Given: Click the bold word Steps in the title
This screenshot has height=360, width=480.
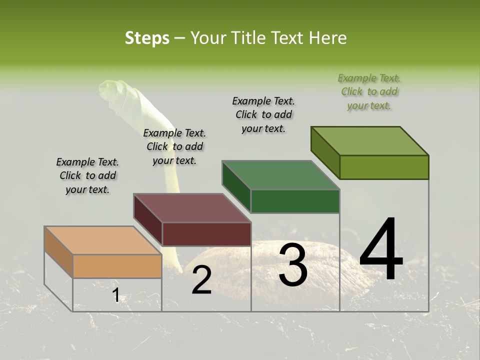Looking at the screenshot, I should (x=147, y=38).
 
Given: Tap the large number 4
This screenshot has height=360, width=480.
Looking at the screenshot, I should (x=381, y=249).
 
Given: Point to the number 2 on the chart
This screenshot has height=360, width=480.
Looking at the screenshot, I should (x=201, y=280).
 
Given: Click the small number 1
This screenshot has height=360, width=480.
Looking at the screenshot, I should (x=116, y=295).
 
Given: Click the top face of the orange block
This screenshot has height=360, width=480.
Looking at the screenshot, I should (x=103, y=240).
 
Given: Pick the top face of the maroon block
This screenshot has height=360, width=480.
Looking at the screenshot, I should (x=192, y=208).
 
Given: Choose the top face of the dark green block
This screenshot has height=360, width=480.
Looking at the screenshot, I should (x=281, y=175).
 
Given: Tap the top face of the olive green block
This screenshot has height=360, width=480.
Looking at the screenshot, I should (x=370, y=141).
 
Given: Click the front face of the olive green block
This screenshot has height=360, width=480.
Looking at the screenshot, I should (x=384, y=167).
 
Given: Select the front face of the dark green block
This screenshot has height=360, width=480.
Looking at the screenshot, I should (x=295, y=201).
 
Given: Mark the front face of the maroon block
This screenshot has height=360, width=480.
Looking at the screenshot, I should (x=206, y=234).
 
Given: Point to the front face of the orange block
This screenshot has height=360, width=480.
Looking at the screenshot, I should (x=117, y=266).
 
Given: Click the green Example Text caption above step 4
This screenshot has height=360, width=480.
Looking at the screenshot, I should (x=369, y=91).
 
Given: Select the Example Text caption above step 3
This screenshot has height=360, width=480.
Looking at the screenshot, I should (x=263, y=114).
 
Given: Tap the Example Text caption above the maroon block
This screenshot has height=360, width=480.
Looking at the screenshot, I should (x=174, y=146).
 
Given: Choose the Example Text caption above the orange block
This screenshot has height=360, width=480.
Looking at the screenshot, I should (x=87, y=175).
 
